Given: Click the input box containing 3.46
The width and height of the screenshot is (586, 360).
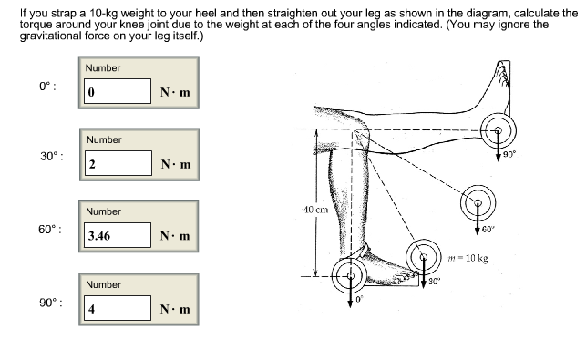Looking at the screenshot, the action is (117, 235).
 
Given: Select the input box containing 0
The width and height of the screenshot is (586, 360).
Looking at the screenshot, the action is (117, 92).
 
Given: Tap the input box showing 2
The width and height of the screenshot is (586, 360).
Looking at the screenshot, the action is (117, 164).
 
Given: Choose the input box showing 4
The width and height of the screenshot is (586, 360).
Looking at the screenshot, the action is (117, 307).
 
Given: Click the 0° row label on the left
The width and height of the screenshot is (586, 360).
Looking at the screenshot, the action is (48, 86).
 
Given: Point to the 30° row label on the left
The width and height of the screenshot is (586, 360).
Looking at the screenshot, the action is (51, 157).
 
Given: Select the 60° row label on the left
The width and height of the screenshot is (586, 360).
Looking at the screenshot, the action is (51, 229).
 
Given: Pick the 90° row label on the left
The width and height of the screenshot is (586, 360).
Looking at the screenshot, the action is (51, 301).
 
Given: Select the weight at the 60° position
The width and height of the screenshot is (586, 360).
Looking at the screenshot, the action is (477, 202).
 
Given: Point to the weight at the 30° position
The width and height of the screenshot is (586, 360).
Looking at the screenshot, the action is (425, 256).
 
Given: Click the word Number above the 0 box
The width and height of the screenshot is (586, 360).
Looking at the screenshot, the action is (103, 68).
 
